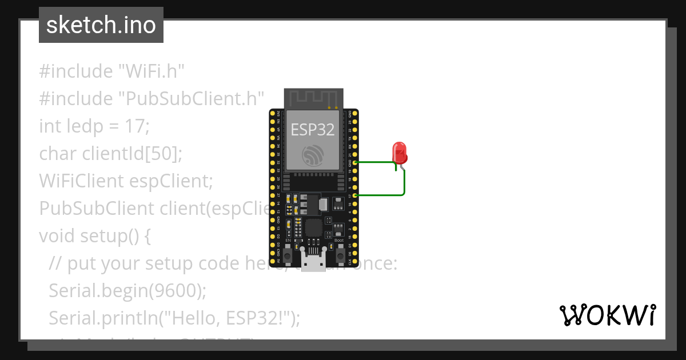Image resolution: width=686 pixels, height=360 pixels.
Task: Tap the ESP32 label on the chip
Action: coord(312,129)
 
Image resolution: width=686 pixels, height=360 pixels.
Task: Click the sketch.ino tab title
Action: coord(101,25)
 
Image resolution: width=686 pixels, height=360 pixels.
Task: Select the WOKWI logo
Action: coord(608,315)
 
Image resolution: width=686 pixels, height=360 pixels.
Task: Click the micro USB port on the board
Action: coord(313,263)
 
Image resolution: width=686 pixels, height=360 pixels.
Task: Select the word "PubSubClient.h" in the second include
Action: coord(192,98)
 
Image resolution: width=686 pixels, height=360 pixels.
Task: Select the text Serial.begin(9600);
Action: coord(127,290)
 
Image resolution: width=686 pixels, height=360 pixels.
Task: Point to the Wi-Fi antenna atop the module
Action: coord(313,98)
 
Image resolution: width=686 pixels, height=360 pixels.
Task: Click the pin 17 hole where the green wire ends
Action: coord(356,195)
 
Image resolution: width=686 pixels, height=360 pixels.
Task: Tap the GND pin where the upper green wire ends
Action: coord(356,162)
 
